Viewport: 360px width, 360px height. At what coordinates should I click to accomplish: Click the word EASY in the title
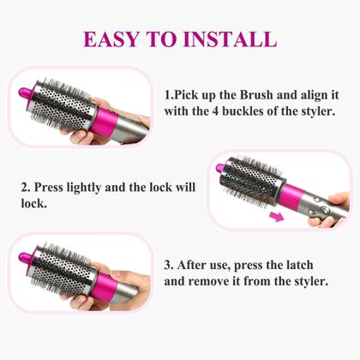pos(111,39)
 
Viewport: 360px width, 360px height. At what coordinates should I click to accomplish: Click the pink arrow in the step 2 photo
pos(276,217)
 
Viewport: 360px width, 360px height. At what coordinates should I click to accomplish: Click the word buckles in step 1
pos(243,111)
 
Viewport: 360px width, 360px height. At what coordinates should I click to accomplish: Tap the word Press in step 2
pos(48,188)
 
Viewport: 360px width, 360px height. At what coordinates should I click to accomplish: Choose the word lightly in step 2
pos(84,189)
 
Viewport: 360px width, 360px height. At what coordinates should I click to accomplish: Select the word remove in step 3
pos(207,282)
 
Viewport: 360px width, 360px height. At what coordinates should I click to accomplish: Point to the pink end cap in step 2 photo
pos(221,168)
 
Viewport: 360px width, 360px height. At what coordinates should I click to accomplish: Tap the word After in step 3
pos(190,266)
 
